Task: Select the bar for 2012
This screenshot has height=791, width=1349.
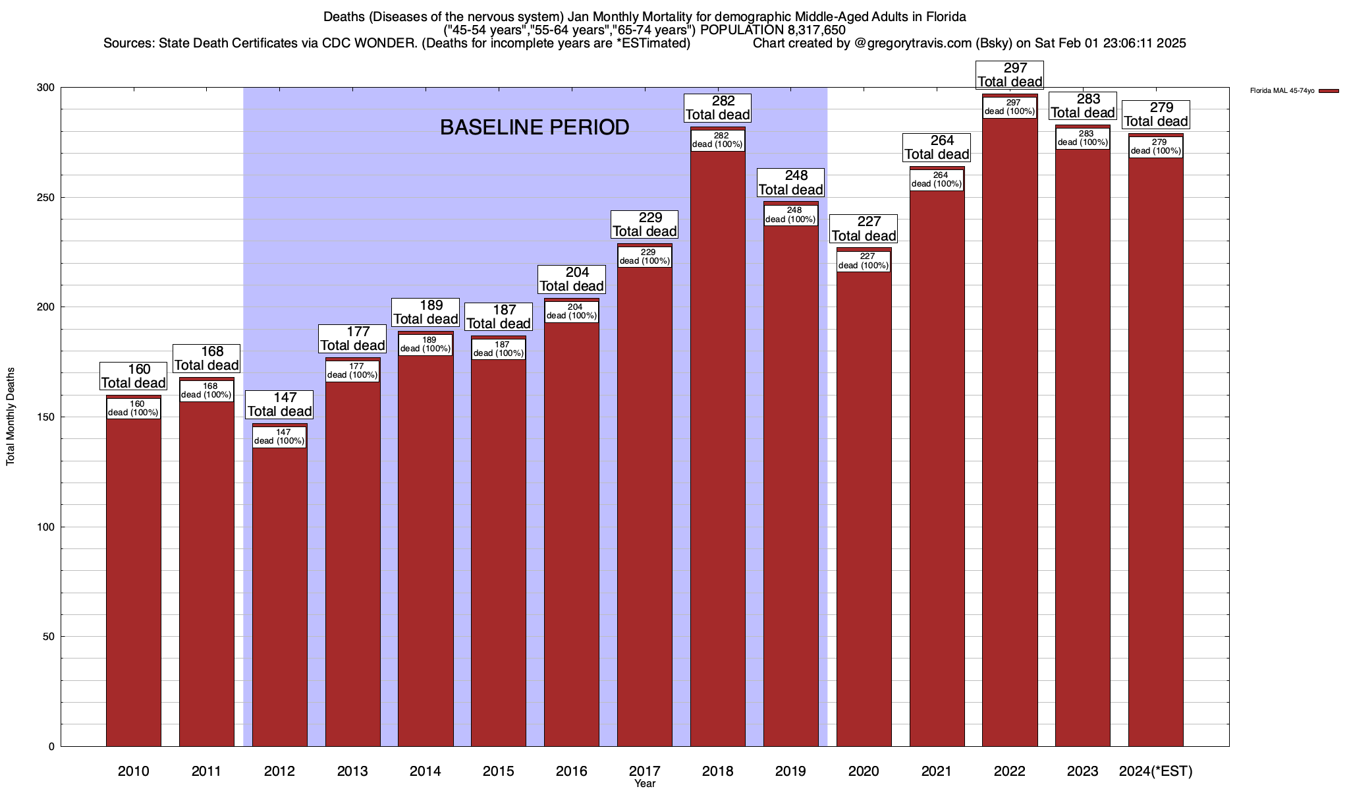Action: tap(279, 593)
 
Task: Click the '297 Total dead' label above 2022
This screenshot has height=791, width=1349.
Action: tap(1010, 75)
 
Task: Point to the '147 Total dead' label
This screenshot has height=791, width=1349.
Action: tap(279, 405)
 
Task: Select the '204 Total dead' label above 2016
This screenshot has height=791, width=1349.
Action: tap(571, 279)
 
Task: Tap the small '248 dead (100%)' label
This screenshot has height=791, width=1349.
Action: tap(790, 215)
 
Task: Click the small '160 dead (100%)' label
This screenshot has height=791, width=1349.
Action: tap(133, 409)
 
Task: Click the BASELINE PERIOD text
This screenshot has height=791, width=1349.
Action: tap(534, 127)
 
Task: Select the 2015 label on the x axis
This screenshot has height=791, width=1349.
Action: tap(498, 771)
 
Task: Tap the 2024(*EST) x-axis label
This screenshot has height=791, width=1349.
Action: tap(1155, 771)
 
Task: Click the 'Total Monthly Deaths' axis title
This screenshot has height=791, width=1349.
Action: tap(11, 417)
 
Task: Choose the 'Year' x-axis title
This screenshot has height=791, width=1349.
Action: tap(645, 784)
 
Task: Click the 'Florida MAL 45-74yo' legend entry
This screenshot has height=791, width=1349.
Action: tap(1282, 91)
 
